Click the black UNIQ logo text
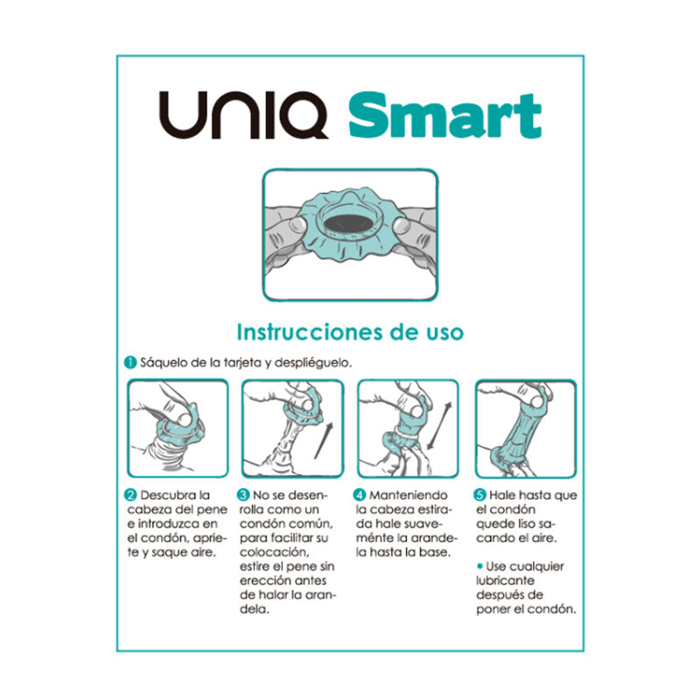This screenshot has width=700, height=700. [248, 118]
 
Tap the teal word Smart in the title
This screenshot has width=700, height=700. [444, 117]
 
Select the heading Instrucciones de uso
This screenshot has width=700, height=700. [350, 332]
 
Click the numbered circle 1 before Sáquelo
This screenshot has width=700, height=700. [129, 362]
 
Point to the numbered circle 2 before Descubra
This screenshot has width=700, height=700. [130, 495]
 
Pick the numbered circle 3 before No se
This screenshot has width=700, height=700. [245, 495]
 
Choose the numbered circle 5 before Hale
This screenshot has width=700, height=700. [479, 495]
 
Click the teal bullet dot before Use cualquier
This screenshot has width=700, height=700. [479, 566]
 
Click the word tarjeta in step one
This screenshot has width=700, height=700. [228, 362]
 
